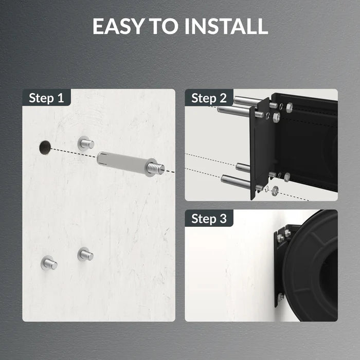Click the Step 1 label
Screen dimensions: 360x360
pos(46,98)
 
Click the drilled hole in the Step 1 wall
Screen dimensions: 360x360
pos(45,148)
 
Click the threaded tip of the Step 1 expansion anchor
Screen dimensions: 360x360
pos(155,168)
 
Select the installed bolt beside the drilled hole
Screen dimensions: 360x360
pos(86,143)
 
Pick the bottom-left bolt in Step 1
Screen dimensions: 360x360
pos(49,263)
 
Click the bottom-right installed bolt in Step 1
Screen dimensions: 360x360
pos(85,254)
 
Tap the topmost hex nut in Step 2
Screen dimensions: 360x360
pos(289,107)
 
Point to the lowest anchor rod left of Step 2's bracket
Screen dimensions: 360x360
pos(236,181)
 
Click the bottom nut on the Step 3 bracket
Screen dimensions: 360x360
pos(281,297)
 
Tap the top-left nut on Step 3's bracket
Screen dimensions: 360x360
pos(280,237)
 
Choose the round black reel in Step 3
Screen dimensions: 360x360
pos(311,265)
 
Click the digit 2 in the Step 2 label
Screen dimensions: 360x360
pos(223,98)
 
